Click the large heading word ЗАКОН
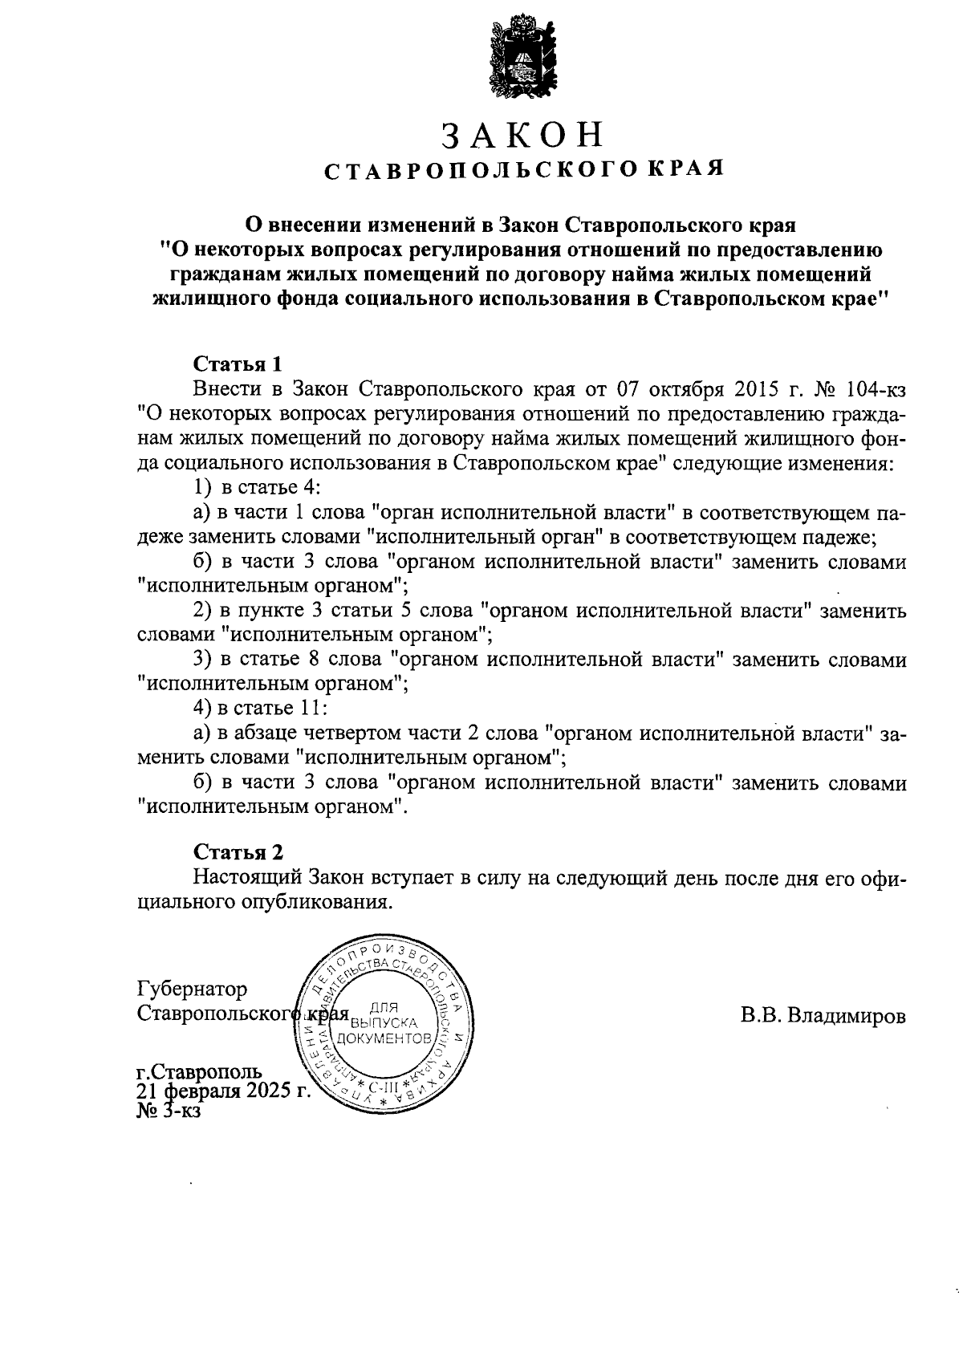pyautogui.click(x=522, y=135)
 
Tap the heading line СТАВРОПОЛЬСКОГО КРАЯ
pyautogui.click(x=523, y=170)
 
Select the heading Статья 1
pyautogui.click(x=238, y=364)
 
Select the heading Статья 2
pyautogui.click(x=238, y=852)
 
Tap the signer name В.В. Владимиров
pyautogui.click(x=823, y=1016)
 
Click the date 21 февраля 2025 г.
pyautogui.click(x=223, y=1091)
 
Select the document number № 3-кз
pyautogui.click(x=169, y=1111)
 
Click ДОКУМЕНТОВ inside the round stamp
pyautogui.click(x=386, y=1038)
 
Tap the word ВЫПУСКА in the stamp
pyautogui.click(x=386, y=1023)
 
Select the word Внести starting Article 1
pyautogui.click(x=227, y=390)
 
